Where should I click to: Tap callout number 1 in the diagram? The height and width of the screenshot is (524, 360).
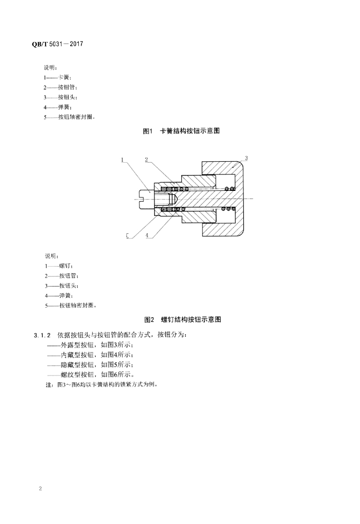point(123,160)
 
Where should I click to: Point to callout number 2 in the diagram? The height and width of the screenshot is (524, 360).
point(146,160)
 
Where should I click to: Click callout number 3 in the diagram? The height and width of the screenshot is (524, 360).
point(246,159)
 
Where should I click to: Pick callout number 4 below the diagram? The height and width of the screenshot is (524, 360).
point(146,236)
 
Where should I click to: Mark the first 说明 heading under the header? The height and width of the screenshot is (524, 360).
point(51,67)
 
